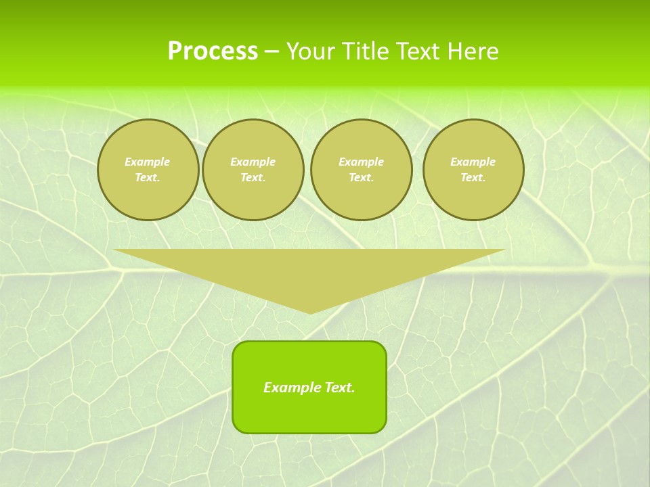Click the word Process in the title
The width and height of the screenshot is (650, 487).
213,51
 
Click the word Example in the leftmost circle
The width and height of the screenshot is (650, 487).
148,162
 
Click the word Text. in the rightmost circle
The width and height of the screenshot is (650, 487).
473,177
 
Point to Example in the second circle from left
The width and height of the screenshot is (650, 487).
253,162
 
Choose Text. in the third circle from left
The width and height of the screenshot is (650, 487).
361,177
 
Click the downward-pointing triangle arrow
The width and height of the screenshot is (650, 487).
309,271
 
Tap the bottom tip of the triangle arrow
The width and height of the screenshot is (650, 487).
310,312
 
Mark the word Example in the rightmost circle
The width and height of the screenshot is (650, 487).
473,162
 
